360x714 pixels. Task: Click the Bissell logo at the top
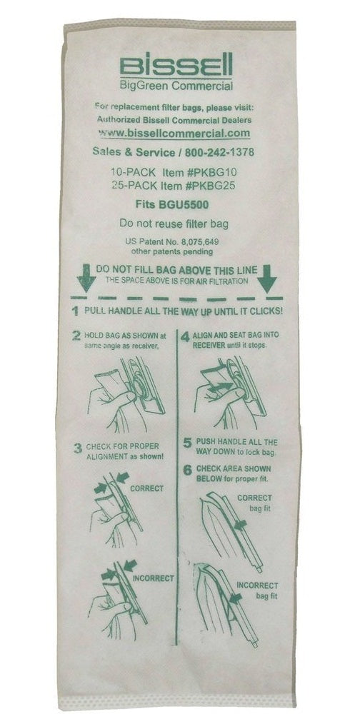click(176, 65)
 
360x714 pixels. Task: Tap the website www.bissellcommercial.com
click(174, 133)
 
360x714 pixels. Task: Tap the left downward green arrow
click(86, 278)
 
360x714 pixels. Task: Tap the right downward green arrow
click(266, 279)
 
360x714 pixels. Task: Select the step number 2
click(76, 336)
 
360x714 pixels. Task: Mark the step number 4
click(185, 337)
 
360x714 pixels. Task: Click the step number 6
click(187, 471)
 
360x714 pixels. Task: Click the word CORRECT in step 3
click(146, 488)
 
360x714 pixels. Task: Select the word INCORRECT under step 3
click(153, 578)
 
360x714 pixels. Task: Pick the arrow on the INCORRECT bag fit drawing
click(236, 598)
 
